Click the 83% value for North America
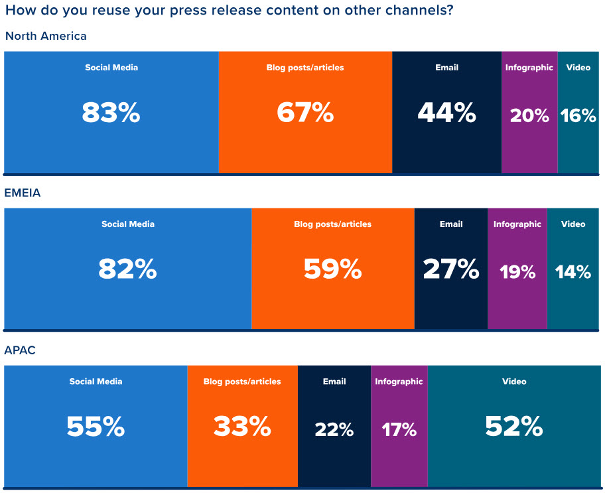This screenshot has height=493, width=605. tap(111, 113)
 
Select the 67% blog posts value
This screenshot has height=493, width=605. tap(305, 113)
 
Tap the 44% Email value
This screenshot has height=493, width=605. tap(446, 113)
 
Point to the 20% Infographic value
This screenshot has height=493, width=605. tap(529, 115)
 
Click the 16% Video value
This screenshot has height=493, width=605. tap(578, 115)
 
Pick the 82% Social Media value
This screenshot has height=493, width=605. tap(127, 269)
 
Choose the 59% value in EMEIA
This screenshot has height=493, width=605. tap(332, 269)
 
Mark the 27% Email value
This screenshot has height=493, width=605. tap(451, 269)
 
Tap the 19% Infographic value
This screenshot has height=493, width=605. tap(517, 271)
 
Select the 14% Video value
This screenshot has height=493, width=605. tap(573, 271)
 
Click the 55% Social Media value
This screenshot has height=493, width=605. tap(96, 427)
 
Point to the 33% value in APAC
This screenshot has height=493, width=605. tap(242, 427)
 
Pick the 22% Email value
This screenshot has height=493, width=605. tap(334, 429)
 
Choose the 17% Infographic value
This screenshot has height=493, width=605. tap(399, 429)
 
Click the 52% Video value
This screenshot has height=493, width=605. tap(514, 427)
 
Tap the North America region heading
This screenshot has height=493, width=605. tap(46, 36)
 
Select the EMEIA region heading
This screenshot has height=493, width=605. tap(23, 193)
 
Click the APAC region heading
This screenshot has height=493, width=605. tap(20, 350)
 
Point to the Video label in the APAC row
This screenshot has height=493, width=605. tap(514, 382)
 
